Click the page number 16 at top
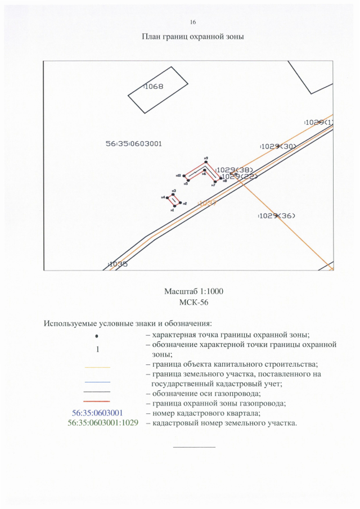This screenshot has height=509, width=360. point(193,22)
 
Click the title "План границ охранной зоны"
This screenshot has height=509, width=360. point(193,37)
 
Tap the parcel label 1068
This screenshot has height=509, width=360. point(154,87)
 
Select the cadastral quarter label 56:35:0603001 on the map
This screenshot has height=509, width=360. point(134,143)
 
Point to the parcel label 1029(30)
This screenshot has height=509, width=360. point(278,146)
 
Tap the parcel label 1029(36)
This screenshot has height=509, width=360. point(277,216)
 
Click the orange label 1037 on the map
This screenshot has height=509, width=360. point(208,203)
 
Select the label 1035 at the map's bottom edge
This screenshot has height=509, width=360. point(118,264)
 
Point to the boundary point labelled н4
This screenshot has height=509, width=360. point(166,197)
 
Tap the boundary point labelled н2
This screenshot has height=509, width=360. point(180,204)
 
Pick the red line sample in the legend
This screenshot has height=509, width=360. point(97,402)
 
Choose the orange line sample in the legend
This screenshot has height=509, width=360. point(97,367)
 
